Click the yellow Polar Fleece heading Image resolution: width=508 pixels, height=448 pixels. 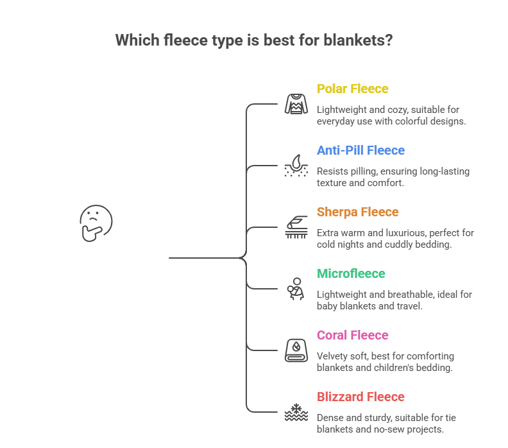tap(352, 89)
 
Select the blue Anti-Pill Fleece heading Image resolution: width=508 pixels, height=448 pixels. tap(360, 150)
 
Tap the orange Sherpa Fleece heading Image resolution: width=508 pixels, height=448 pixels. tap(358, 212)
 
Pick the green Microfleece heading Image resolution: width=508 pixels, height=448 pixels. tap(351, 273)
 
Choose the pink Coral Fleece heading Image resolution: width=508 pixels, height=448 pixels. tap(352, 335)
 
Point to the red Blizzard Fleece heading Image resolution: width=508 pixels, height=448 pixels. tap(360, 397)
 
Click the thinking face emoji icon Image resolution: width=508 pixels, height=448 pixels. tap(96, 222)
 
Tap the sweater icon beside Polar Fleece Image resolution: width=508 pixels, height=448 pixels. tap(296, 104)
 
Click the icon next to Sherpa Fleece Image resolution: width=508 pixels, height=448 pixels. tap(296, 227)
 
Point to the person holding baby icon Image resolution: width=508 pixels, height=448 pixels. tap(296, 289)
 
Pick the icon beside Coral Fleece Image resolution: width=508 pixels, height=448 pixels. tap(296, 350)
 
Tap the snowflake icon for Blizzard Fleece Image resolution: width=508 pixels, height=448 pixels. tap(296, 412)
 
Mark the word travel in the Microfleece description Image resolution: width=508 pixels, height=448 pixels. tap(411, 306)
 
